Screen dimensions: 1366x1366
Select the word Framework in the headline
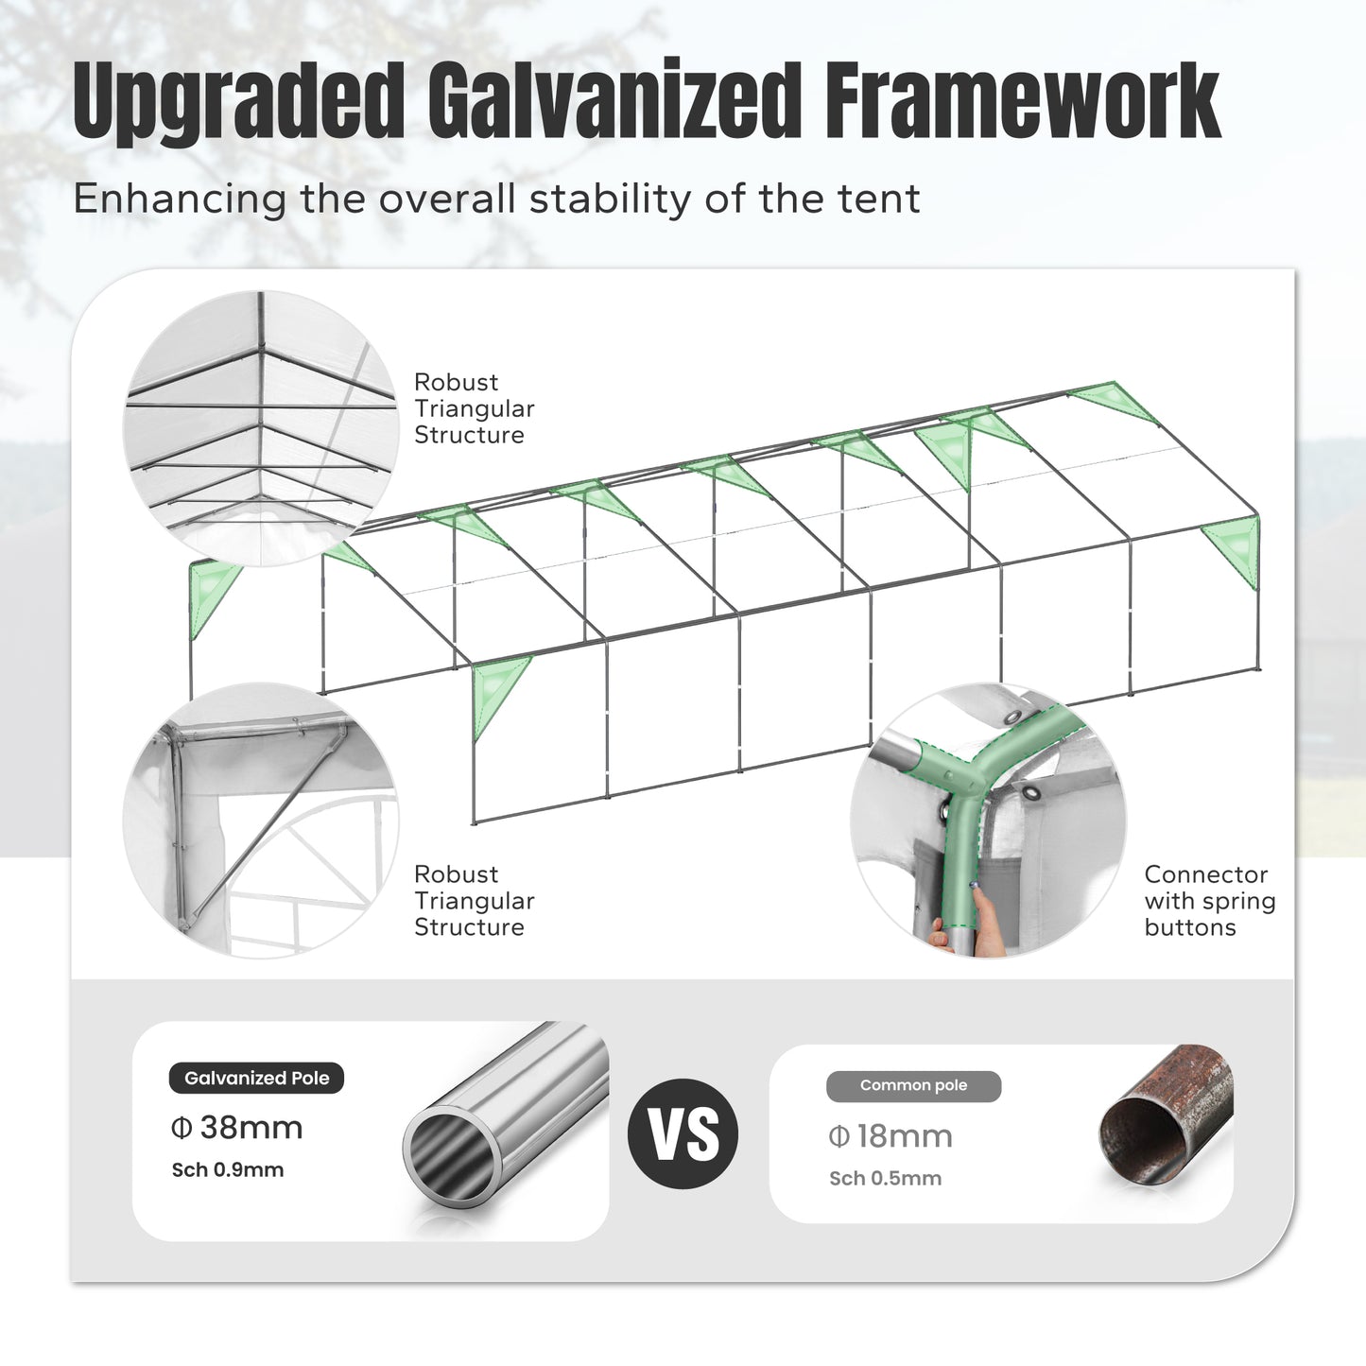pos(1022,100)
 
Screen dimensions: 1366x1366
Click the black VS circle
pos(683,1133)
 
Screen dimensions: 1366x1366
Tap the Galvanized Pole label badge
pos(256,1079)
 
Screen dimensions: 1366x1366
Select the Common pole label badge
pos(914,1086)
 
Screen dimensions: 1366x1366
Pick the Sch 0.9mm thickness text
pos(228,1170)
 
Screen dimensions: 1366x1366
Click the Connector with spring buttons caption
pos(1210,901)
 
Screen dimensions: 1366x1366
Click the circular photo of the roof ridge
pos(261,428)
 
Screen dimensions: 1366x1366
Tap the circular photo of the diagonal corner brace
pos(261,821)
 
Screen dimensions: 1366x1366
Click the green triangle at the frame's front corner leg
pos(499,696)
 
